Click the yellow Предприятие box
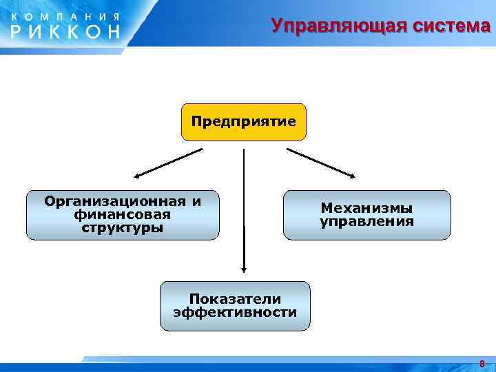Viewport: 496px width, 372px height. (x=243, y=122)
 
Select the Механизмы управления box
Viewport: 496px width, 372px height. (x=366, y=215)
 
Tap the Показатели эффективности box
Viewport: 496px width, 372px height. (x=235, y=305)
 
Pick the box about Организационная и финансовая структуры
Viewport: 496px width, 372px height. (x=123, y=214)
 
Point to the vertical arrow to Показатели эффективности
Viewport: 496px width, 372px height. (x=243, y=207)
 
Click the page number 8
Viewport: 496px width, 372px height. (x=482, y=363)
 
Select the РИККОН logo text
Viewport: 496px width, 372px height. (x=65, y=30)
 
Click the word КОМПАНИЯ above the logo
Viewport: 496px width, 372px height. (x=65, y=14)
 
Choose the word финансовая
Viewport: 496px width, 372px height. (x=123, y=214)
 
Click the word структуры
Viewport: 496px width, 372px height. (x=123, y=227)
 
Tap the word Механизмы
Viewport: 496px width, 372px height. (x=366, y=207)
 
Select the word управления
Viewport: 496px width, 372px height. (x=366, y=222)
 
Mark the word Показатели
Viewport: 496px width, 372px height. (x=235, y=298)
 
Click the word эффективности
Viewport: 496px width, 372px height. (x=235, y=312)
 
